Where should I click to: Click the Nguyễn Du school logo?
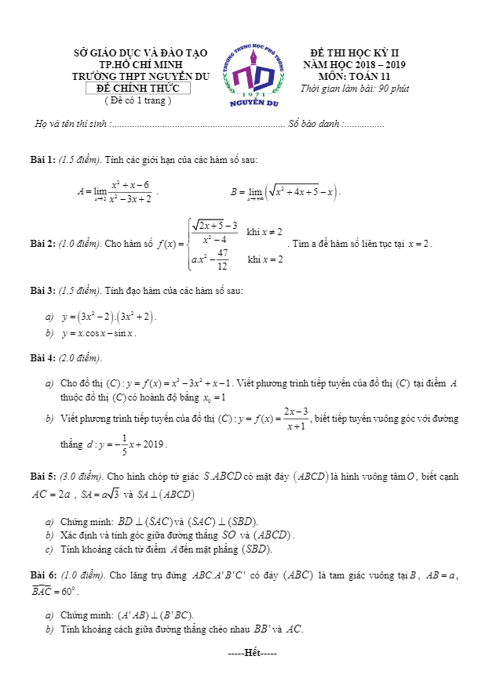pyautogui.click(x=254, y=74)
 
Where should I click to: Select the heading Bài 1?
pyautogui.click(x=42, y=160)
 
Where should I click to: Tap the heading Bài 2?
pyautogui.click(x=42, y=244)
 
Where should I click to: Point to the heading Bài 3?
pyautogui.click(x=42, y=291)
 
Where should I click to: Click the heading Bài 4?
pyautogui.click(x=42, y=358)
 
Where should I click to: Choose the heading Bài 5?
pyautogui.click(x=42, y=476)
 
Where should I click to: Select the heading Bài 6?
pyautogui.click(x=42, y=575)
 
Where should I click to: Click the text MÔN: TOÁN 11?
pyautogui.click(x=354, y=76)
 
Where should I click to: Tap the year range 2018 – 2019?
pyautogui.click(x=371, y=64)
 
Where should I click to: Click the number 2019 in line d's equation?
pyautogui.click(x=154, y=444)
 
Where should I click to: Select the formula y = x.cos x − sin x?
pyautogui.click(x=99, y=333)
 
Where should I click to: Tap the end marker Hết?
pyautogui.click(x=253, y=653)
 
